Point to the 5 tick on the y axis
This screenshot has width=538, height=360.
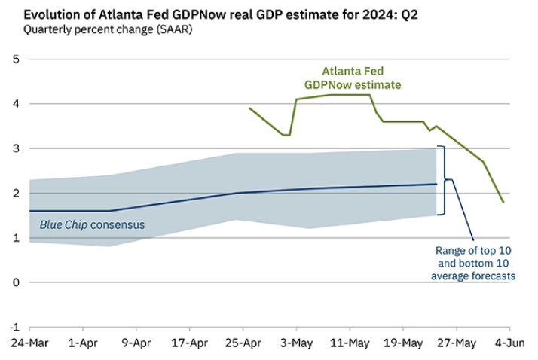tap(16, 59)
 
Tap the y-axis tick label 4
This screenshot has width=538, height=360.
tap(16, 104)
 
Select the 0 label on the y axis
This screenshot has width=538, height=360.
tap(16, 282)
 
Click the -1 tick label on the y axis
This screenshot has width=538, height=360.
tap(14, 328)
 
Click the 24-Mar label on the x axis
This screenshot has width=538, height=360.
tap(29, 343)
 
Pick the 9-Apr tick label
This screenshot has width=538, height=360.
tap(136, 343)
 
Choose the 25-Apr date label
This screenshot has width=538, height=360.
tap(243, 343)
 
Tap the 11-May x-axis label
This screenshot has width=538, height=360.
tap(349, 343)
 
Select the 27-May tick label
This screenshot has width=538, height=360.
tap(456, 343)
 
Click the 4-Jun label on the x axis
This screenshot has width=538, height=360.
tap(509, 343)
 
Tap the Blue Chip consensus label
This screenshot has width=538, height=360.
tap(92, 224)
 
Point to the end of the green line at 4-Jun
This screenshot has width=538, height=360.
tap(503, 202)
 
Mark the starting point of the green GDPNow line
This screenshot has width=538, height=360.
tap(249, 108)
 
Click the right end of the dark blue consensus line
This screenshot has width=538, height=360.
tap(436, 184)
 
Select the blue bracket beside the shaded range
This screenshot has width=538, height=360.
tap(445, 180)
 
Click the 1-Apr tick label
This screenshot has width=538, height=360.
tap(82, 343)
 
